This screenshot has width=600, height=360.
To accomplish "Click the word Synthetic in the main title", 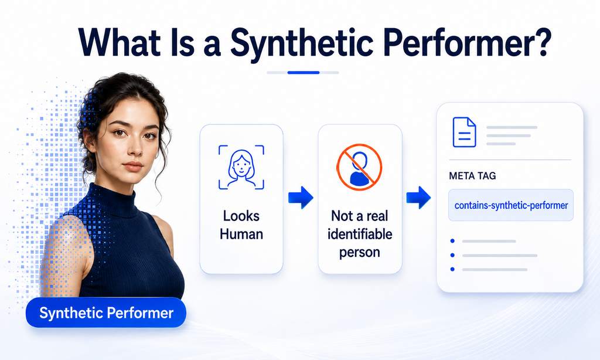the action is [x=302, y=43].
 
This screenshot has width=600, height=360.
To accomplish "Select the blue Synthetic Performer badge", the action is [x=106, y=313].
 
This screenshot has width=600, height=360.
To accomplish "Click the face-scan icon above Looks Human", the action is [x=241, y=167].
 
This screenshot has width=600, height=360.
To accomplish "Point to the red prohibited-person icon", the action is [x=359, y=167].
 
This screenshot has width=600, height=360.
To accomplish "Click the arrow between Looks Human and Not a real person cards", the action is [x=301, y=197].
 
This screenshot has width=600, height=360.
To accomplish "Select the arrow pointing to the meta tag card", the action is [x=418, y=197].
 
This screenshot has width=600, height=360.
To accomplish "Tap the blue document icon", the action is [x=464, y=132].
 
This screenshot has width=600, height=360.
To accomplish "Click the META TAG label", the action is [x=472, y=176].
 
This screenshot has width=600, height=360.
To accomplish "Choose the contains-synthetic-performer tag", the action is [x=511, y=205].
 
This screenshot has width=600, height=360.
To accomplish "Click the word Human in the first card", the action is [x=241, y=234].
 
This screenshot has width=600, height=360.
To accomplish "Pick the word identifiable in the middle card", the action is [x=360, y=234].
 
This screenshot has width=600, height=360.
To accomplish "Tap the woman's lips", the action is [x=133, y=166].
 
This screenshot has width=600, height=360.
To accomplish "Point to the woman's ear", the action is [x=88, y=138].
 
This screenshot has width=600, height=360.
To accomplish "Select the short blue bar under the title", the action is [x=304, y=72].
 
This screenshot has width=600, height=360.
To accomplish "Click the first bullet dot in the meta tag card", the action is [x=453, y=241].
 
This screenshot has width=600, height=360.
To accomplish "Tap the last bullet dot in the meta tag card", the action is [x=453, y=269].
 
